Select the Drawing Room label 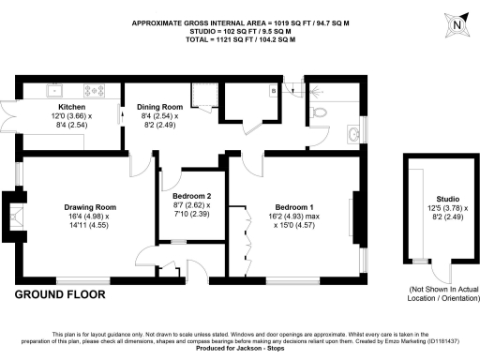click(x=90, y=207)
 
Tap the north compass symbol click(x=456, y=23)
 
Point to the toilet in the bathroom click(x=320, y=111)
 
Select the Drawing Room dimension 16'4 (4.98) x click(x=90, y=216)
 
